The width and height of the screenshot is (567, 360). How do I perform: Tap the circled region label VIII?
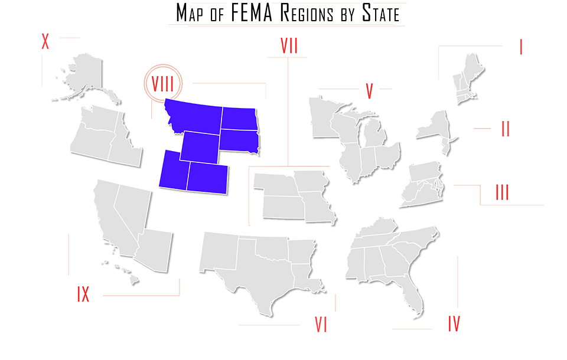[163, 83]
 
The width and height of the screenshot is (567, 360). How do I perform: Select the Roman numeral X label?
[45, 42]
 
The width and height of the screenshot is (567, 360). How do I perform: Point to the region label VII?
[289, 47]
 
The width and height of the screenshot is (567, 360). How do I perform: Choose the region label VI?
[321, 325]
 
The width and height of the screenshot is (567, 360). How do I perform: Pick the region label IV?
[454, 323]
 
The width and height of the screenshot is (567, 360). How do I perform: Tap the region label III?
[503, 192]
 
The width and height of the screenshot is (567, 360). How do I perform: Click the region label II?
[506, 129]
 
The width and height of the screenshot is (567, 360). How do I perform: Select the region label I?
[521, 47]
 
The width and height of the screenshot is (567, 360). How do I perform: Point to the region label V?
[369, 91]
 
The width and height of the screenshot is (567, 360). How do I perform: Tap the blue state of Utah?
[172, 171]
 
